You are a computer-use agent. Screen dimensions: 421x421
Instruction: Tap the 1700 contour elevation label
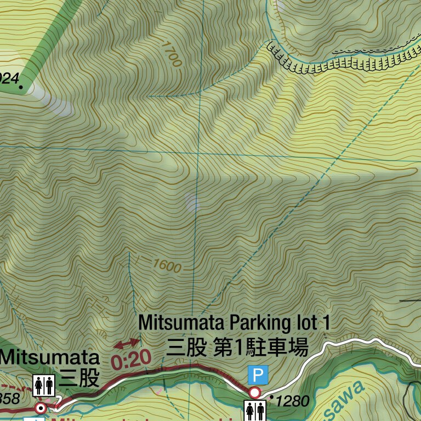click(x=171, y=53)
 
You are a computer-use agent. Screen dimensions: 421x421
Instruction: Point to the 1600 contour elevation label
click(x=167, y=266)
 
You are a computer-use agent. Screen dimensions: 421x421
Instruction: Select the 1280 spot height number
click(x=293, y=401)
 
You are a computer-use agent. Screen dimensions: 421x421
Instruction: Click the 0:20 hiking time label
click(x=130, y=360)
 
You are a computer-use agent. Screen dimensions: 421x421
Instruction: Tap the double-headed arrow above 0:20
click(x=126, y=343)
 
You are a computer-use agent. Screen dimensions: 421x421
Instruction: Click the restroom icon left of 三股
click(x=43, y=385)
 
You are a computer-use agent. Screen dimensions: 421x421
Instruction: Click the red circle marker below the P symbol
click(x=254, y=392)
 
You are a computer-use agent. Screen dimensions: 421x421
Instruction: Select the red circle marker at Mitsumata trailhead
click(x=40, y=408)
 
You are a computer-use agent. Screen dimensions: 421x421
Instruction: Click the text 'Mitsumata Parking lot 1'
click(x=235, y=322)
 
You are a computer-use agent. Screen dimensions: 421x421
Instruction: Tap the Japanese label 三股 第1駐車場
click(x=237, y=347)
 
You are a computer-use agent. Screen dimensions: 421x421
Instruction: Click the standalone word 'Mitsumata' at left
click(x=50, y=357)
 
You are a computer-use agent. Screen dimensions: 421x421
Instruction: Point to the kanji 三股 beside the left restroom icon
click(x=79, y=378)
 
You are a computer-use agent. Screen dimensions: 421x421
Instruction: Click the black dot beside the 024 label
click(x=21, y=87)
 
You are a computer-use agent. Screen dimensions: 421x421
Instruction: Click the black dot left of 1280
click(x=272, y=396)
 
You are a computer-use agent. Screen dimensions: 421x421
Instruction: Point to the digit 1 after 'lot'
click(x=326, y=322)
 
